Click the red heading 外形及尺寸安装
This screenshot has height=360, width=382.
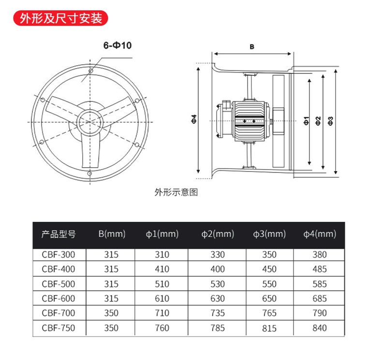coord(60,18)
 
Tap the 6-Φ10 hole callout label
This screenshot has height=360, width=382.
coord(118,45)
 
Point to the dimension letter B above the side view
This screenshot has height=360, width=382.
coord(252,47)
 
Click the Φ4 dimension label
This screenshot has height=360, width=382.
coord(193,118)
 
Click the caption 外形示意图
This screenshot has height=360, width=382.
coord(176,192)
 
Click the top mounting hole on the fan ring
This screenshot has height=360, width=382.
coord(90,70)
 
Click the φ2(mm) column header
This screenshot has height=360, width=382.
coord(218,234)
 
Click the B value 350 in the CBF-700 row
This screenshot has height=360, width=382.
coord(111,313)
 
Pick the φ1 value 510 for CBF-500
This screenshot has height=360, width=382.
coord(162,284)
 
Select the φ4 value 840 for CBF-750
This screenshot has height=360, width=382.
coord(320,328)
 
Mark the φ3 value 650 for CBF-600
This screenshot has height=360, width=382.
coord(269,299)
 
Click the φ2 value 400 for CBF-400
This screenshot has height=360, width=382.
coord(218,269)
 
